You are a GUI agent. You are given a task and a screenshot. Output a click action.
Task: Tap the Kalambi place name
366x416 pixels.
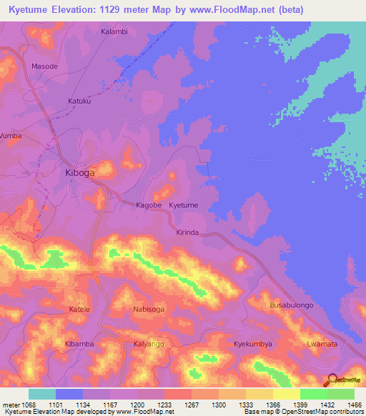point(114,32)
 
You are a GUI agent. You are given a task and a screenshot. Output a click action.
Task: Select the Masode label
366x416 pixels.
point(44,66)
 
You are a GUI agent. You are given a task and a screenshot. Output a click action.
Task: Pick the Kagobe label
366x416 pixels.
point(149,205)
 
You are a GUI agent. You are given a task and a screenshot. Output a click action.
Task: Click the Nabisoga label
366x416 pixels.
point(149,309)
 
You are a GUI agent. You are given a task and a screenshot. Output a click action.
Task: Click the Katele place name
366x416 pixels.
point(79,309)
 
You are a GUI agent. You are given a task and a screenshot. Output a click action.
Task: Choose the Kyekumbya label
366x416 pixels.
point(253,345)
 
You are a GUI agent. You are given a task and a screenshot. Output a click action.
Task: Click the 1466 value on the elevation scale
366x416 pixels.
point(347,404)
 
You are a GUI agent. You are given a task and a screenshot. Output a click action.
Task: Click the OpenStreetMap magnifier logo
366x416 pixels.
point(330,380)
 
